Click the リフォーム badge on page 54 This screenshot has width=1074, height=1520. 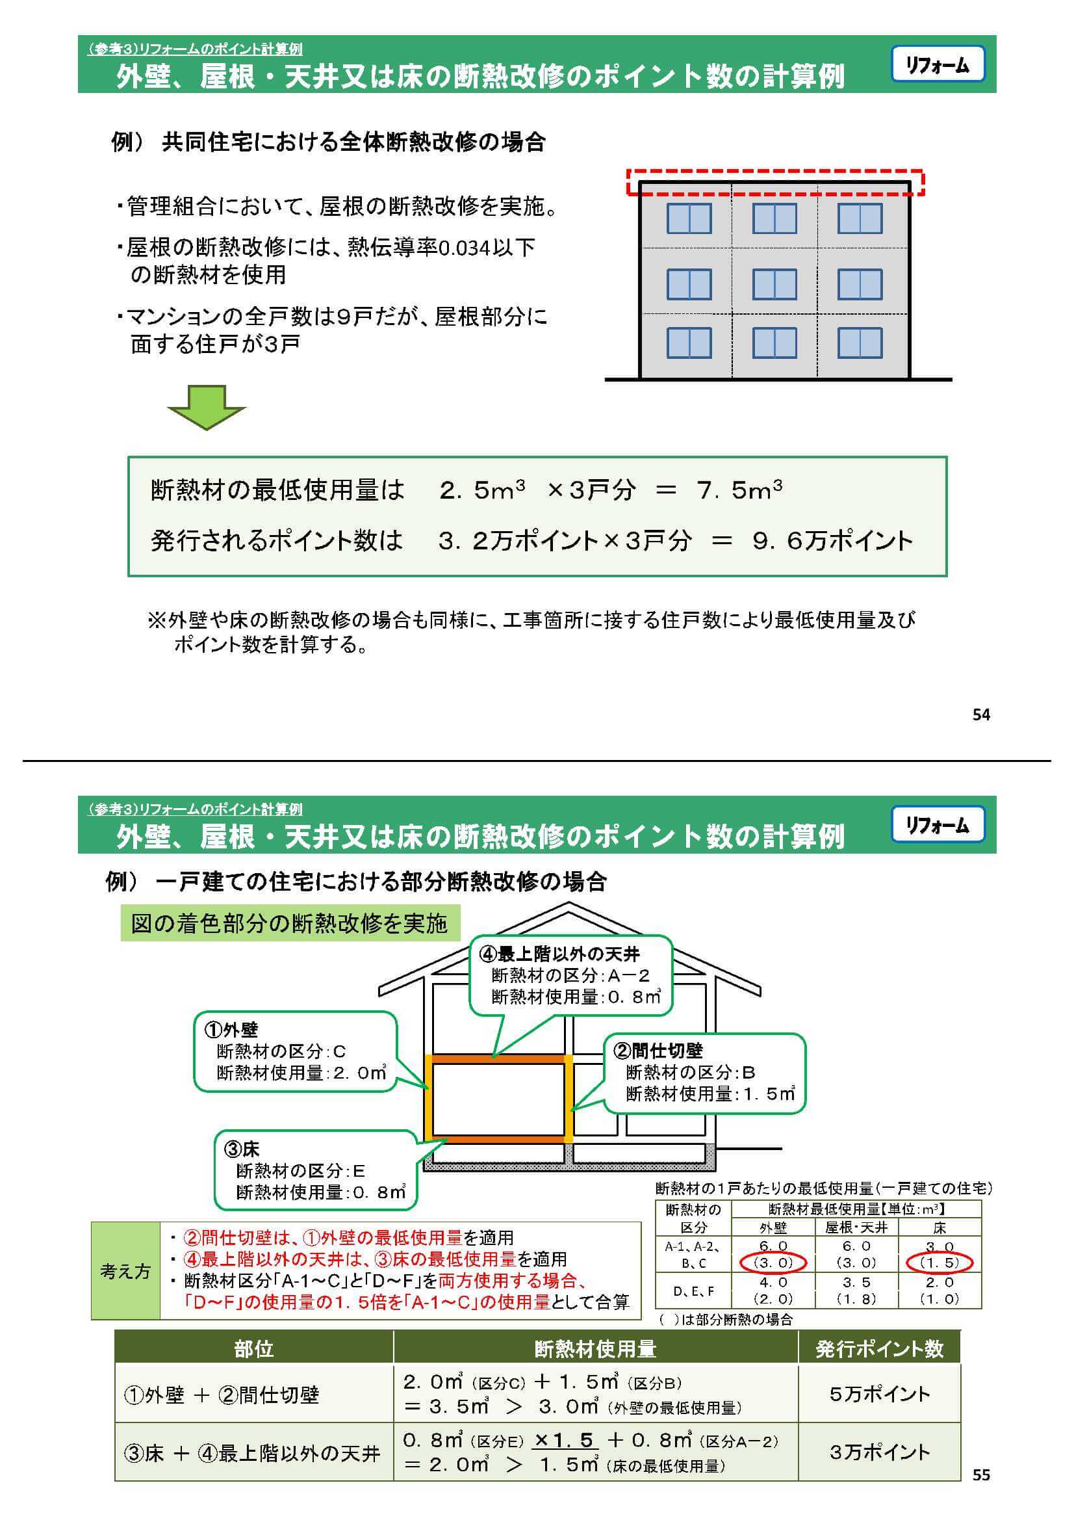click(x=937, y=64)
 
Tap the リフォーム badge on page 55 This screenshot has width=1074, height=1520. click(x=937, y=824)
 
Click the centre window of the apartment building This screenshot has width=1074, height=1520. click(x=774, y=284)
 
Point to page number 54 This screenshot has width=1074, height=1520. click(x=980, y=714)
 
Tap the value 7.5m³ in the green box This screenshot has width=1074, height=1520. click(x=739, y=490)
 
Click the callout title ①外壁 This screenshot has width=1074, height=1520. click(x=231, y=1029)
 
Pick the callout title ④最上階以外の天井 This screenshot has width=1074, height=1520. click(x=559, y=954)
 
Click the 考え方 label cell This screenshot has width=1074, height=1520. click(x=125, y=1271)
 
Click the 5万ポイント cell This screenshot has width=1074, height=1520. click(x=879, y=1394)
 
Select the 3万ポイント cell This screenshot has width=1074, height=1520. click(x=879, y=1452)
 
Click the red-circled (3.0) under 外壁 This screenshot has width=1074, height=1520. click(x=773, y=1263)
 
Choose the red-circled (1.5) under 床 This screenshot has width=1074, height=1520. click(x=939, y=1263)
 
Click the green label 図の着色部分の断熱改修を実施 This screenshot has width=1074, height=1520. click(x=289, y=923)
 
